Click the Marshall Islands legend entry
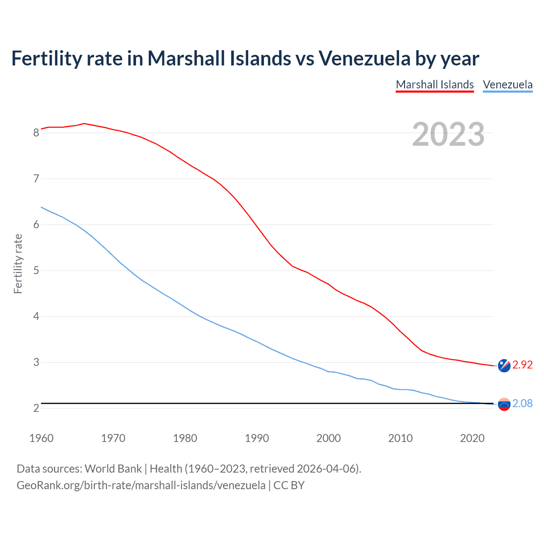pos(435,85)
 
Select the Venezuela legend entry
pos(507,85)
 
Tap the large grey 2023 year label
pos(448,134)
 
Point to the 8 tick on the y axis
pos(36,133)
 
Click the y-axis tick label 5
pos(36,271)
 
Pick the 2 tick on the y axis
pos(36,408)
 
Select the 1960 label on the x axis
pos(41,438)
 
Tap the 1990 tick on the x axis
pos(257,438)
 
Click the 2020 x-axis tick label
pos(472,438)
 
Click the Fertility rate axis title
pos(18,263)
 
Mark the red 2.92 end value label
pos(522,365)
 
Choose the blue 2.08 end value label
pos(522,404)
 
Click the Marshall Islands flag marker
pos(504,365)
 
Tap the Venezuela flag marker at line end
pos(504,405)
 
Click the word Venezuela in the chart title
pos(364,58)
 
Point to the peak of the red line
pos(84,123)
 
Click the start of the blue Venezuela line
pos(41,207)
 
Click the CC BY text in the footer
pos(289,485)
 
